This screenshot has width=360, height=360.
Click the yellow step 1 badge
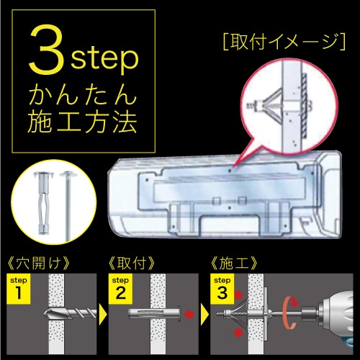coord(18,286)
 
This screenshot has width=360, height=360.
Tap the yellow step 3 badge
coord(224,286)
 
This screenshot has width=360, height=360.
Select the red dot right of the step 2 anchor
coord(189,315)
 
